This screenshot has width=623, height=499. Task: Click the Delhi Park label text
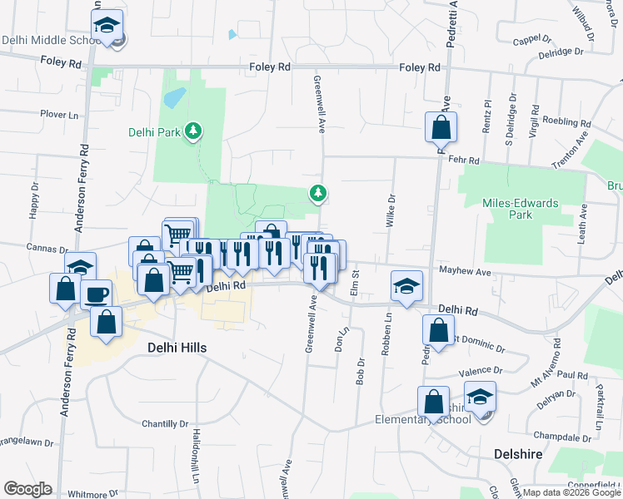tap(154, 131)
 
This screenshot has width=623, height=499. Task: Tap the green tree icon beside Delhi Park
tap(193, 131)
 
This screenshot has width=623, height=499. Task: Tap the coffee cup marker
tap(96, 294)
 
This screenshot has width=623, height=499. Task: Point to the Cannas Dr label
tap(47, 249)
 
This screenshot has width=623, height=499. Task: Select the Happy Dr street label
tap(34, 200)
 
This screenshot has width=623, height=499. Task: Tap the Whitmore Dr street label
tap(87, 494)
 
